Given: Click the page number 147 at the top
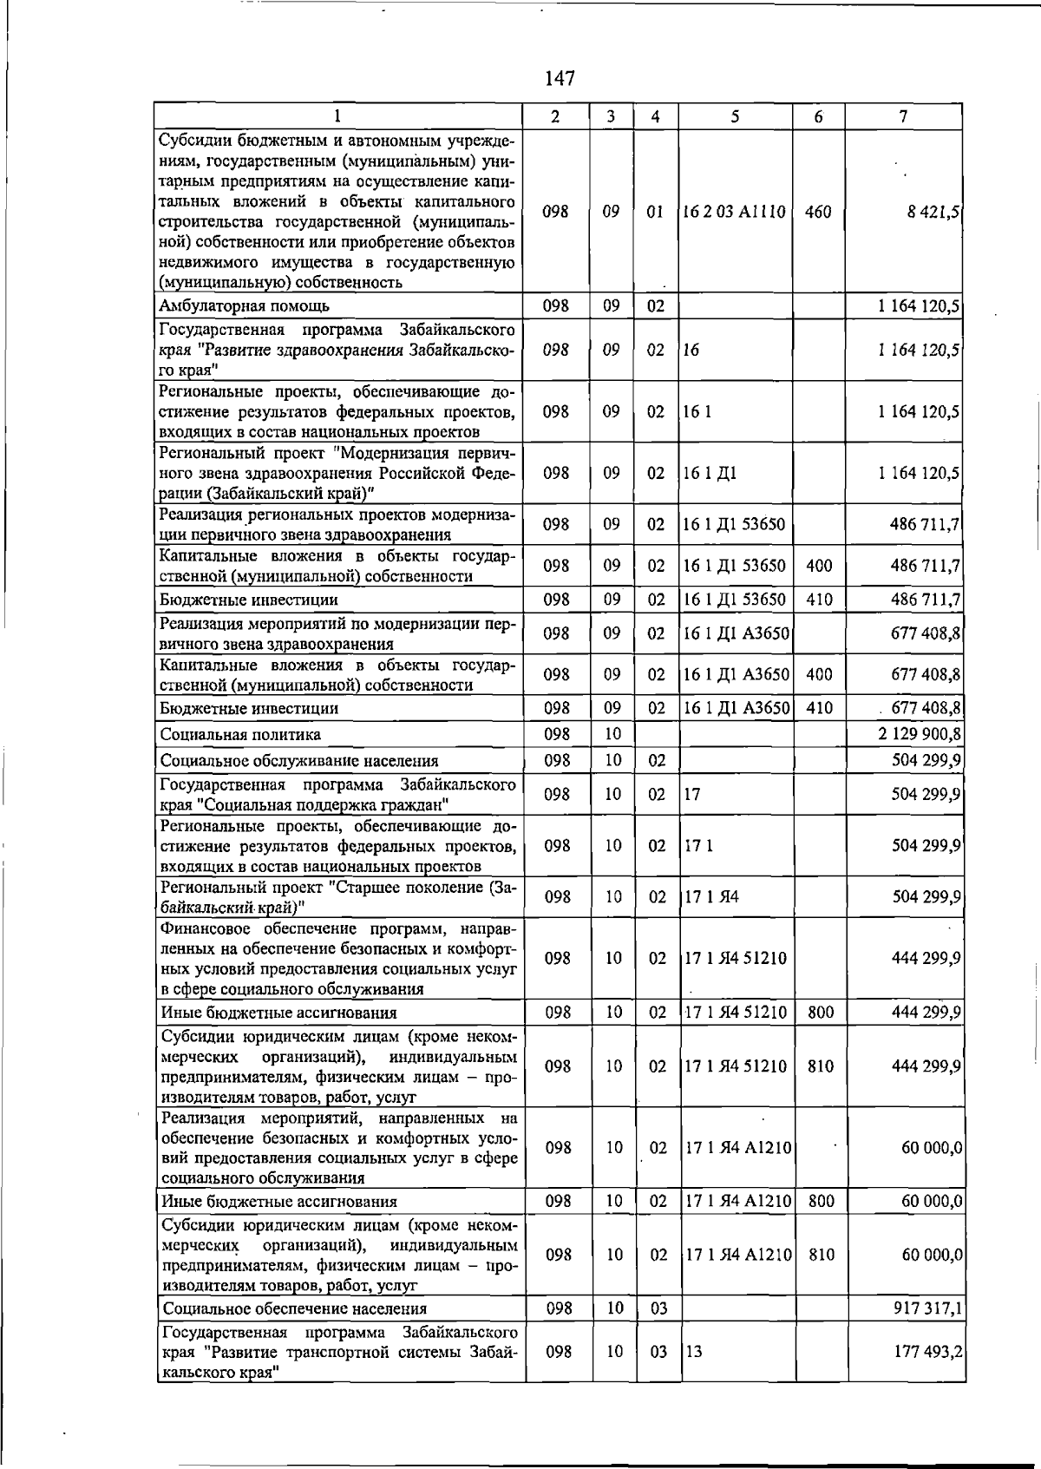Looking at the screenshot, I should tap(560, 79).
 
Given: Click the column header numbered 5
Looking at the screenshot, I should tap(735, 116).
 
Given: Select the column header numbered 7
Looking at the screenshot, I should tap(904, 116).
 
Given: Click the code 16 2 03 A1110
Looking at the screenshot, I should tap(735, 212).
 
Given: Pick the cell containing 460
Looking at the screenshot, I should tap(818, 212).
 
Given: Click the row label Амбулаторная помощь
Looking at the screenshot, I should tap(244, 305).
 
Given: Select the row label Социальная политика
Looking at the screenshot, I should tap(240, 735).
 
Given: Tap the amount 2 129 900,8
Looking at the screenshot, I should tap(920, 735).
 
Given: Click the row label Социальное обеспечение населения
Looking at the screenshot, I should tap(294, 1308).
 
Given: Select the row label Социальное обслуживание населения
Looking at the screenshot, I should tap(299, 761).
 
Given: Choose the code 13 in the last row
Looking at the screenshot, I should tap(694, 1352).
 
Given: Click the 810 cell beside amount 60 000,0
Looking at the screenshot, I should tap(821, 1255).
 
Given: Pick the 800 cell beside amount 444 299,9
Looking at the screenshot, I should tap(821, 1013).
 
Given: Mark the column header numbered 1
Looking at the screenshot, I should tap(337, 116).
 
